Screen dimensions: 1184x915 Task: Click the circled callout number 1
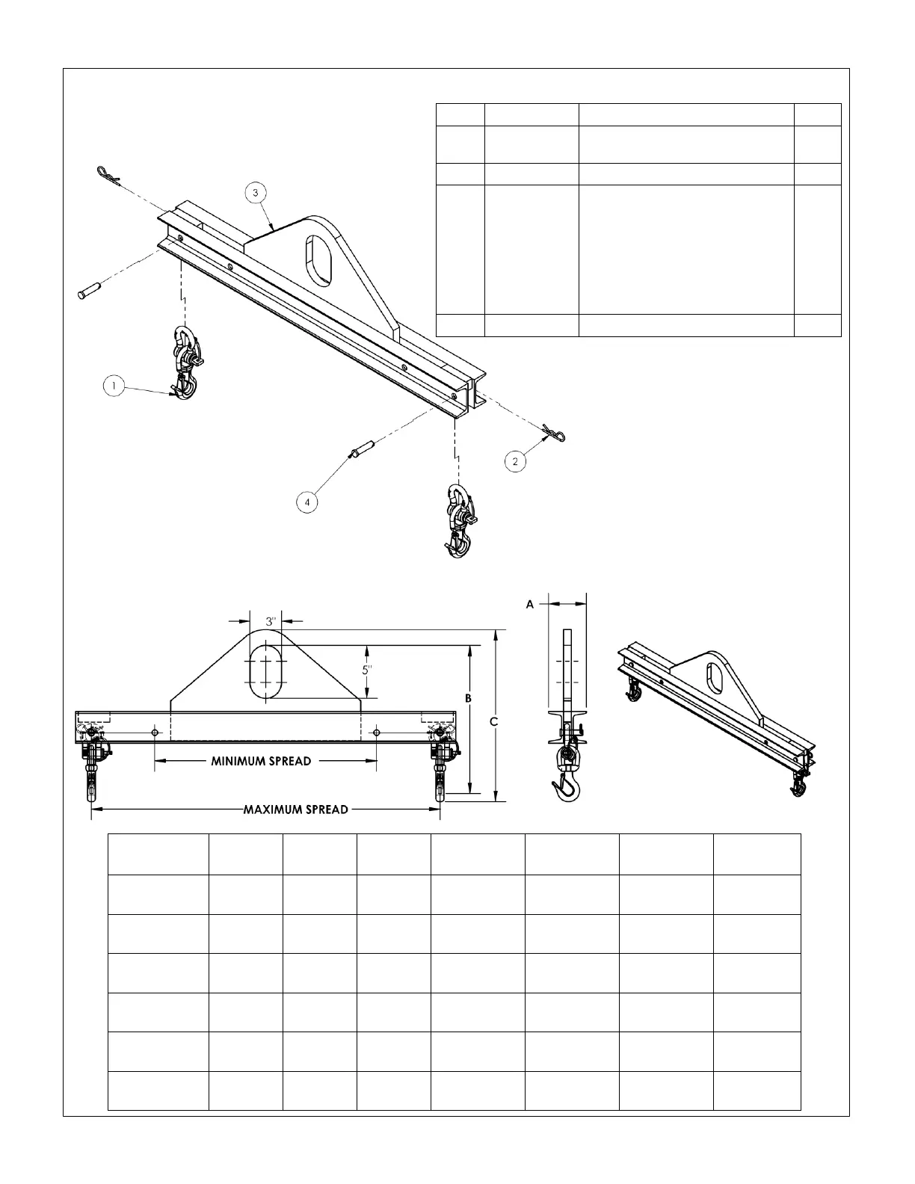[x=113, y=386]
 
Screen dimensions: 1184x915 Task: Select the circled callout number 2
[x=515, y=461]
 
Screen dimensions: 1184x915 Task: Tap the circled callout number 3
[x=256, y=192]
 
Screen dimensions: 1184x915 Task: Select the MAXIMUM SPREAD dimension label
[x=296, y=809]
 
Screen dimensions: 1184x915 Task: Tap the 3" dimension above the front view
[x=271, y=620]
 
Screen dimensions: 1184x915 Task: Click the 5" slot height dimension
[x=367, y=670]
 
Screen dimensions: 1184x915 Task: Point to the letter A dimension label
[x=530, y=604]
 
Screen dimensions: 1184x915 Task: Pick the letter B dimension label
[x=469, y=697]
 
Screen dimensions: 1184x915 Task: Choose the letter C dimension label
[x=493, y=721]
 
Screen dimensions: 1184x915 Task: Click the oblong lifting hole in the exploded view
[x=320, y=259]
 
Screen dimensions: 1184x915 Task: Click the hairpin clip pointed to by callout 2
[x=553, y=431]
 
